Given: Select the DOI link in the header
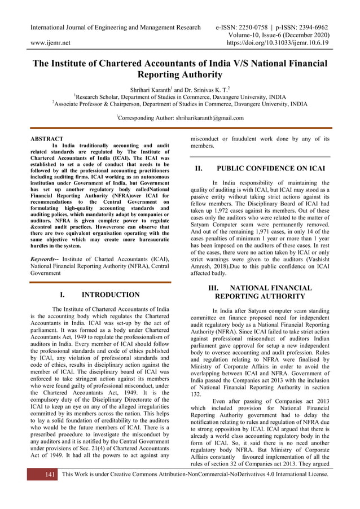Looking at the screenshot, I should (277, 42).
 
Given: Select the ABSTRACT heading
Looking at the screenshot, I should (46, 139).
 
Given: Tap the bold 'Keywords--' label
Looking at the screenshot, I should (46, 258).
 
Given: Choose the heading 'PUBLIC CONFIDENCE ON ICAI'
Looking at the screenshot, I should (271, 168).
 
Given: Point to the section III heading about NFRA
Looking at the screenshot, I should (260, 292).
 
